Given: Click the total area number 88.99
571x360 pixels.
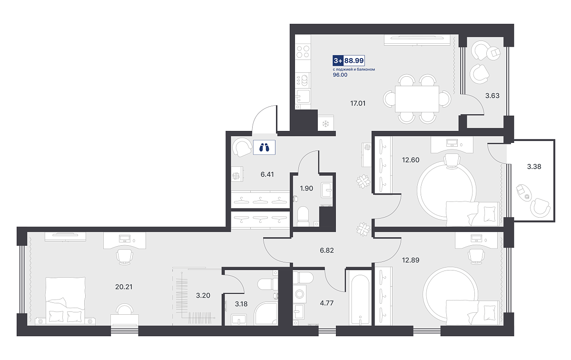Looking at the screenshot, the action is (354, 60).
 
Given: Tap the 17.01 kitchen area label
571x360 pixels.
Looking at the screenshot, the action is (358, 103).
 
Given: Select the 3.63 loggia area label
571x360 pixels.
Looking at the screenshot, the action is (492, 96).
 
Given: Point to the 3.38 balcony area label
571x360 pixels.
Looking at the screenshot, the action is (534, 167).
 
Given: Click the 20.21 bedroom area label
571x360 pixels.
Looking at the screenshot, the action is (124, 287).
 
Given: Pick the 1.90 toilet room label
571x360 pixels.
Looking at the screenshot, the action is (306, 188).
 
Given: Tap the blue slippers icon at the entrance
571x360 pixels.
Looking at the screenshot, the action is (264, 147).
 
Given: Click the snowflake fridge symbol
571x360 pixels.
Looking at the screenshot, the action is (325, 124).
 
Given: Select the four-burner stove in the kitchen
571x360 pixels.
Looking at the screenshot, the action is (303, 51).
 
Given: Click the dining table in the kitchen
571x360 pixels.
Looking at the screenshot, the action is (417, 99).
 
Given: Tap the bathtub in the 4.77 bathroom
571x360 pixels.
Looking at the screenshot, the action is (360, 300).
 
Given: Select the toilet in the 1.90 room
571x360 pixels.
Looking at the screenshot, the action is (303, 216).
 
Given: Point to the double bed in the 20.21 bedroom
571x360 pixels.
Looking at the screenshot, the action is (66, 301).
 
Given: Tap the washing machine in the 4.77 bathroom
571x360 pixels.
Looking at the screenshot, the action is (299, 294).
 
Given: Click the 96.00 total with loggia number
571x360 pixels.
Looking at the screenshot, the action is (340, 75).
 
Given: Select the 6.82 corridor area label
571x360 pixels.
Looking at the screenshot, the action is (327, 250).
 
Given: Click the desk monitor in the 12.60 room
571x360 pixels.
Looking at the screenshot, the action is (452, 142).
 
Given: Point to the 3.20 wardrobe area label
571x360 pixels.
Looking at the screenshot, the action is (203, 295).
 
